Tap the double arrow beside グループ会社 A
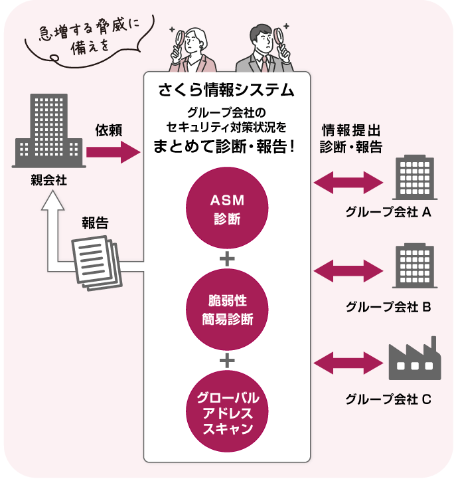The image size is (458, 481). pyautogui.click(x=348, y=181)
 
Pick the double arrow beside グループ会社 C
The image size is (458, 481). pyautogui.click(x=348, y=363)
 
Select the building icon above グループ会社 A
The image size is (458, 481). pyautogui.click(x=414, y=178)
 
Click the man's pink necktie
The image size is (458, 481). pyautogui.click(x=264, y=64)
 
